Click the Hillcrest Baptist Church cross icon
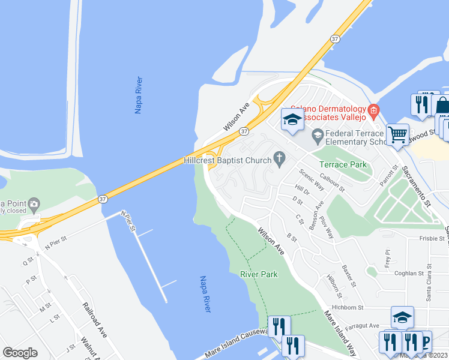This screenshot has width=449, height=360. click(x=279, y=158)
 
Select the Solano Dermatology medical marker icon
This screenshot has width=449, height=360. click(x=373, y=110)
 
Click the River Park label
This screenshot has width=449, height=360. click(x=259, y=274)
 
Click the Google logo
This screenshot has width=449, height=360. click(x=20, y=353)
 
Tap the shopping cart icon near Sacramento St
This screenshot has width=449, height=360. click(x=397, y=134)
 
